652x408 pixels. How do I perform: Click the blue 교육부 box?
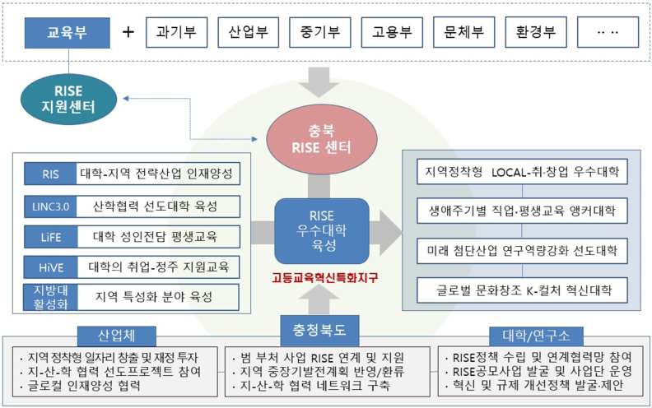[68, 33]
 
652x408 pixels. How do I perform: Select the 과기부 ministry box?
[177, 32]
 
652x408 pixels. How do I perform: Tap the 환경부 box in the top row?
[536, 32]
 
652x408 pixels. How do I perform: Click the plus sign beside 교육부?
[128, 32]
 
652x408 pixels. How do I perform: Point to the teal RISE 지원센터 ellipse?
[68, 99]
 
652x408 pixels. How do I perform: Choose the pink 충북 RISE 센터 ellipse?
[321, 140]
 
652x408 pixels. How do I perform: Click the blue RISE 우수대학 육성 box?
[322, 231]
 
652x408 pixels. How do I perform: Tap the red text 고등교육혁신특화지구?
[324, 277]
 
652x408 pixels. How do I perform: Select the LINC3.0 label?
[50, 206]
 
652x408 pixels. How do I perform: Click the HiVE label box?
[51, 267]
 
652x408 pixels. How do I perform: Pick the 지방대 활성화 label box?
[51, 297]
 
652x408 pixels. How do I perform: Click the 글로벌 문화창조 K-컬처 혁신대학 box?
[522, 290]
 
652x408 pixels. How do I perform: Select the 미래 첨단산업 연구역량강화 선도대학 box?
[522, 251]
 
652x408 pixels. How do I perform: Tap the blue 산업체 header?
[116, 336]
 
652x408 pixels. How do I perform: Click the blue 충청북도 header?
[319, 331]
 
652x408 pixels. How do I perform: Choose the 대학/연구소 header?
[536, 336]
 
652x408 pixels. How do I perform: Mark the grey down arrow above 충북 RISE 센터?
[319, 81]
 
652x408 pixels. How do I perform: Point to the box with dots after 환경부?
[608, 32]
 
